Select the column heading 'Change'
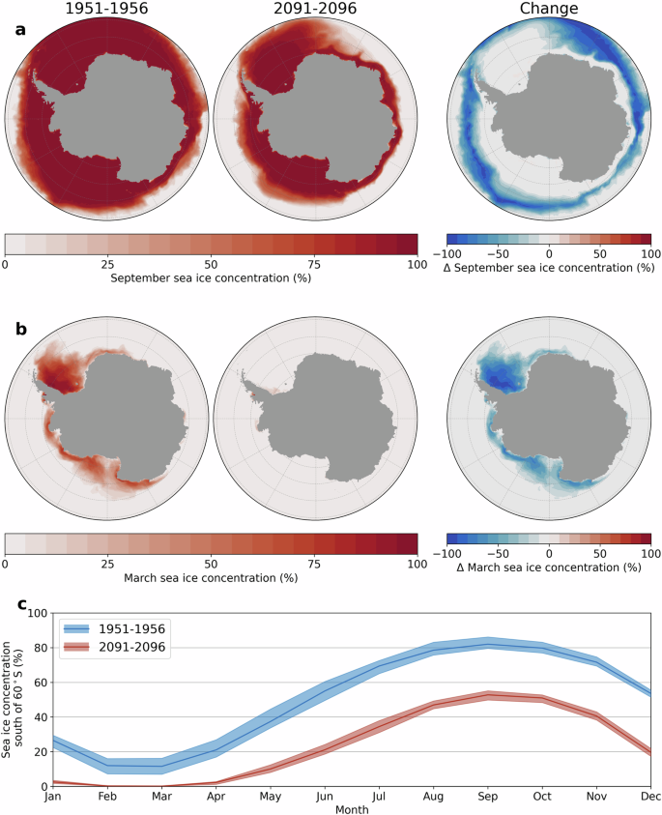tap(548, 10)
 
